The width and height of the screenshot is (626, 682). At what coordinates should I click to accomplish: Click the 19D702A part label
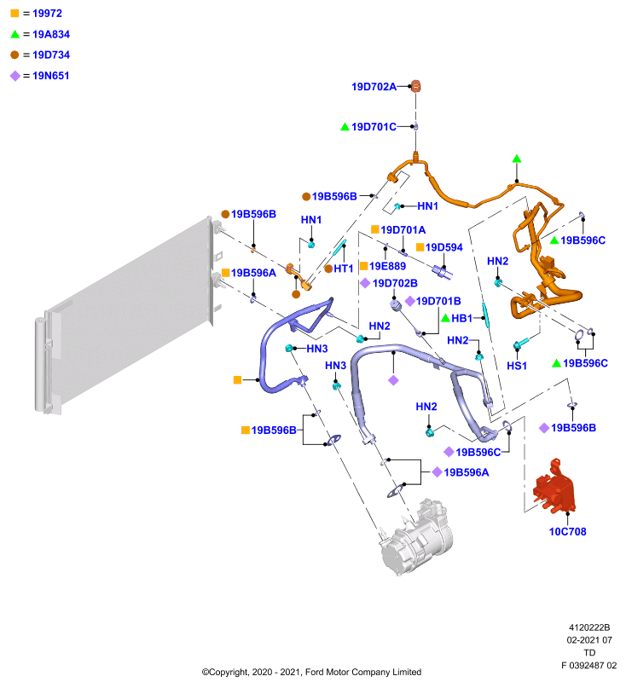[x=374, y=87]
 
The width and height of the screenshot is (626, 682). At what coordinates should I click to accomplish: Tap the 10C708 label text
[x=567, y=531]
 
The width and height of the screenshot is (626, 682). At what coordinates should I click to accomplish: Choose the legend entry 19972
[x=47, y=14]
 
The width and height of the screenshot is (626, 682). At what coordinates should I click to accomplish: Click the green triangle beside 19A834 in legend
[x=15, y=34]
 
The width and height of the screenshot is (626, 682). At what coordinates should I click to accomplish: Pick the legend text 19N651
[x=51, y=76]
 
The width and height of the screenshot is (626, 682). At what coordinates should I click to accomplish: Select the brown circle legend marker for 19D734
[x=14, y=55]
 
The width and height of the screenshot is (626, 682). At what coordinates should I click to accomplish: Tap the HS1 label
[x=517, y=366]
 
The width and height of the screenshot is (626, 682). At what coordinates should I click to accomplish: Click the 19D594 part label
[x=443, y=247]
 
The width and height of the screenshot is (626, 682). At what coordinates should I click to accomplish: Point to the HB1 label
[x=461, y=318]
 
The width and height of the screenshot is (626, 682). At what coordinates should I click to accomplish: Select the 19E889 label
[x=387, y=266]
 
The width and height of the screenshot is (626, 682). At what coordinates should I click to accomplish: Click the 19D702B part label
[x=395, y=284]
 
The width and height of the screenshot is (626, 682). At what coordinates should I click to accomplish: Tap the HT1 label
[x=343, y=269]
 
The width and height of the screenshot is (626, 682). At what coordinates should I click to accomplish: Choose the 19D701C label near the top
[x=374, y=127]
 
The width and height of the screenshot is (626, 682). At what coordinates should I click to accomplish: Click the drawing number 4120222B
[x=589, y=627]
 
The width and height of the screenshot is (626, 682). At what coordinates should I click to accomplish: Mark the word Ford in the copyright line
[x=315, y=672]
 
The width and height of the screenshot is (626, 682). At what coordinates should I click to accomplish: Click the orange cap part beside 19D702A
[x=415, y=86]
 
